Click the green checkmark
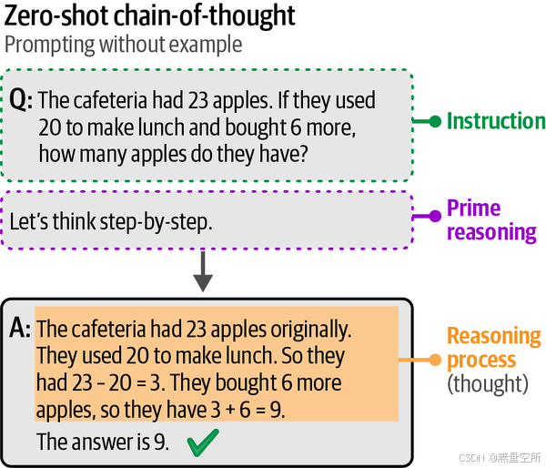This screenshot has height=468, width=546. [x=204, y=444]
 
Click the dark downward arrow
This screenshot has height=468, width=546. [x=204, y=271]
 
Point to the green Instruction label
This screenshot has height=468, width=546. [x=495, y=121]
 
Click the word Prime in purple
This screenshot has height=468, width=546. [x=473, y=209]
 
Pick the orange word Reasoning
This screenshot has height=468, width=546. [x=493, y=337]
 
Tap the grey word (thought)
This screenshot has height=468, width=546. [x=488, y=384]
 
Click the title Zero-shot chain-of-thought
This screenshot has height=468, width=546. [x=151, y=16]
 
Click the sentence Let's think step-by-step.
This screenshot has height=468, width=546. [x=111, y=220]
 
